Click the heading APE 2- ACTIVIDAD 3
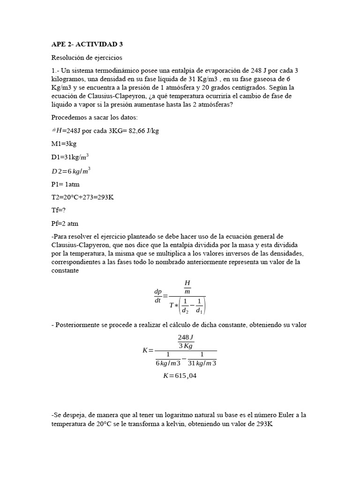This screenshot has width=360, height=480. tap(87, 45)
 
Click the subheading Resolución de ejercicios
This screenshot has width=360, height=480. tap(86, 58)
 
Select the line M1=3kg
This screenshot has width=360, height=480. tap(64, 144)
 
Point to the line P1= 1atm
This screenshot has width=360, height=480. tap(66, 184)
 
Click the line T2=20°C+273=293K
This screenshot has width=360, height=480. tap(82, 197)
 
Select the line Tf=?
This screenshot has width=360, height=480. tap(59, 210)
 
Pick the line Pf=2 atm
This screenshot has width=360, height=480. tap(65, 224)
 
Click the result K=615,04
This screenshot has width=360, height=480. tap(180, 375)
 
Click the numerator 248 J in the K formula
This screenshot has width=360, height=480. tap(186, 337)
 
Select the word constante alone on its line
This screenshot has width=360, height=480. tap(65, 271)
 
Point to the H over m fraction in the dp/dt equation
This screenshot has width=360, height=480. tap(187, 287)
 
